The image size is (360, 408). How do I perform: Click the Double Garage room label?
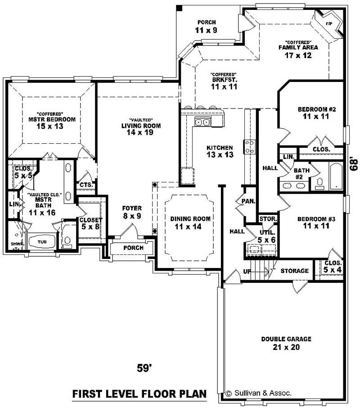coord(286,343)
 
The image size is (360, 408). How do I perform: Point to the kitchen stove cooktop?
coord(249,146)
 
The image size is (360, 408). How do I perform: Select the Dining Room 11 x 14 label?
coord(190,222)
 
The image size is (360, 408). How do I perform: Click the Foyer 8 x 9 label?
coord(132,212)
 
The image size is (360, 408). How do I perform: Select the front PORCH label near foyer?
coord(133,248)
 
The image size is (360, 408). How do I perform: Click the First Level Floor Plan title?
coord(139,394)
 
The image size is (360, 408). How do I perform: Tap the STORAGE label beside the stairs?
coord(295,271)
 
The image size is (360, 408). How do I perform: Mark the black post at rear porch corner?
coord(179,7)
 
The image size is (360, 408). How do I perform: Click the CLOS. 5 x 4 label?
coord(333,266)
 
